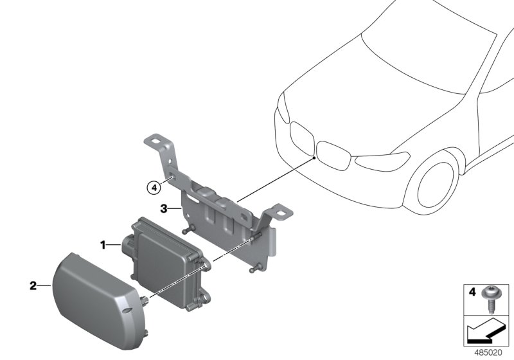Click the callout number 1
coord(102,245)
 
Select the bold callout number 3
coord(164,208)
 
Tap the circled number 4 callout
coord(152,188)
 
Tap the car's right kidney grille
coord(335,159)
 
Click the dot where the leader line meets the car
coord(314,157)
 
